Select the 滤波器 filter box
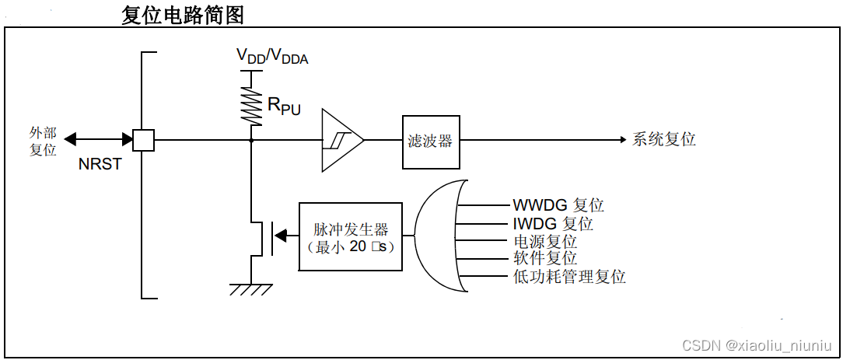click(x=430, y=142)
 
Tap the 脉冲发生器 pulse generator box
click(x=351, y=236)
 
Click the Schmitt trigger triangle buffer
click(x=341, y=140)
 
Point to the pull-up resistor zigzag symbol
click(x=251, y=104)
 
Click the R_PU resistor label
click(x=284, y=107)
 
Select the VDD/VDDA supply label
click(x=272, y=55)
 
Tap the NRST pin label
click(x=100, y=165)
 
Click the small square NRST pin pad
click(x=143, y=140)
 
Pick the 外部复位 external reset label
click(x=44, y=142)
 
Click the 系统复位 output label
click(x=663, y=140)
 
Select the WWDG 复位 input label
click(x=558, y=205)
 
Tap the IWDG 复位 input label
click(x=553, y=224)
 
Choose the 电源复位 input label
click(x=544, y=242)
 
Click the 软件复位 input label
click(x=544, y=259)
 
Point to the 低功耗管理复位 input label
click(x=569, y=277)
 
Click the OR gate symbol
click(x=439, y=236)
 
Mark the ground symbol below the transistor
click(x=251, y=288)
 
